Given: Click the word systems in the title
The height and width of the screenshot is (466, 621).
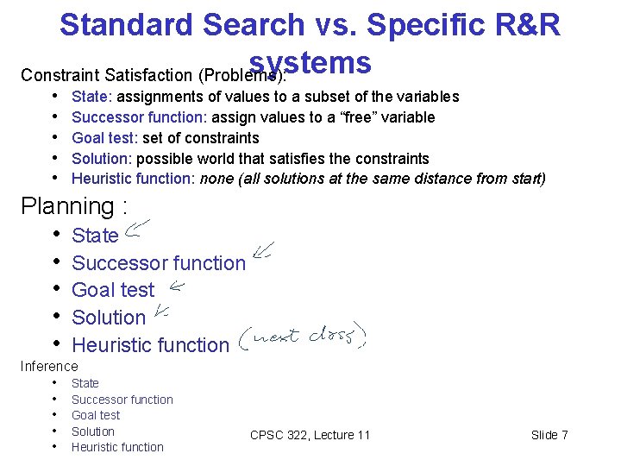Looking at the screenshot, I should click(310, 63).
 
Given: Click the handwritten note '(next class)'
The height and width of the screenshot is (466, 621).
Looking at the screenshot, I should click(302, 338).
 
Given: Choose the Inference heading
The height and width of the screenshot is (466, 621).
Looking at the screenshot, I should click(49, 367).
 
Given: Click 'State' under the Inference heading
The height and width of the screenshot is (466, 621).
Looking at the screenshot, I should click(85, 383).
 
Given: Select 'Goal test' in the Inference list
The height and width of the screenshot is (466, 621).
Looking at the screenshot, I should click(95, 415).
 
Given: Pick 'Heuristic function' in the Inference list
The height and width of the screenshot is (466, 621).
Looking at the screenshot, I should click(117, 447).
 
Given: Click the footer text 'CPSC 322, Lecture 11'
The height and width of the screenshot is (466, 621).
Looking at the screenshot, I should click(310, 435).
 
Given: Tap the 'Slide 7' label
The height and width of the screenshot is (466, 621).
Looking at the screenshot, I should click(549, 435).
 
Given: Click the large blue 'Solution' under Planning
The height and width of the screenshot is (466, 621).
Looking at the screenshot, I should click(109, 318).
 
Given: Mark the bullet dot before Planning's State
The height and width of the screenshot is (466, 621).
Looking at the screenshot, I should click(56, 235).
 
